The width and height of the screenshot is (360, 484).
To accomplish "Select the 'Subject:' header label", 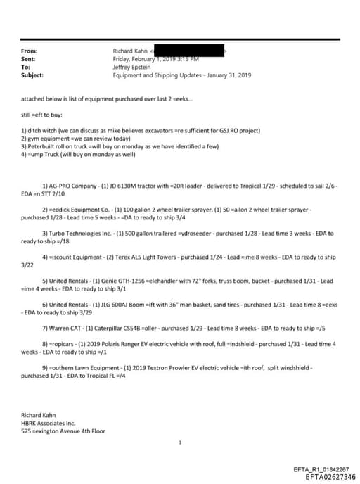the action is [32, 75].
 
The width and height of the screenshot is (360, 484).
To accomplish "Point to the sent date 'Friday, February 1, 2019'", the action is [148, 59].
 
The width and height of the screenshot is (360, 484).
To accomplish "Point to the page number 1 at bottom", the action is [180, 443].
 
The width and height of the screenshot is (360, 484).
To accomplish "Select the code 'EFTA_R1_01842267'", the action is [321, 469].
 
